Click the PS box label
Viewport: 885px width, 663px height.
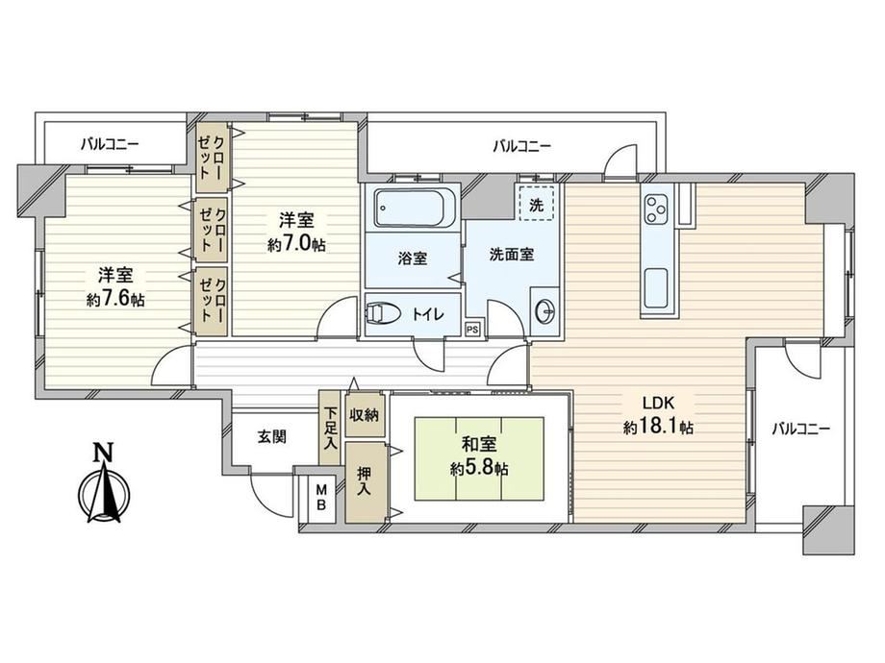click(472, 330)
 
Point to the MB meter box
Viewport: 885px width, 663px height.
click(321, 497)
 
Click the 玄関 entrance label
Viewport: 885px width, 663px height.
click(272, 436)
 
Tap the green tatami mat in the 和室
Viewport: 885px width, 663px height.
click(479, 458)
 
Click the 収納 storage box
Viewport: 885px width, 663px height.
click(364, 415)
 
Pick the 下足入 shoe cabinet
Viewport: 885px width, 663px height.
click(330, 428)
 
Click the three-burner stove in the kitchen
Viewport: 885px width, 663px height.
click(657, 209)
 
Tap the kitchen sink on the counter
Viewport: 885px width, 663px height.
click(655, 287)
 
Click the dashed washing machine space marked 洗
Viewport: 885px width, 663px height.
click(536, 203)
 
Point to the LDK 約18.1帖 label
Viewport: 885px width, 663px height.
click(658, 415)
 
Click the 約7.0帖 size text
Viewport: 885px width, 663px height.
click(296, 245)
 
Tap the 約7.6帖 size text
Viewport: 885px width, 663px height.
click(115, 300)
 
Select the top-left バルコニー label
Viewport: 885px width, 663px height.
click(110, 144)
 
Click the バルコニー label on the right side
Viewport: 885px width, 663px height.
click(801, 430)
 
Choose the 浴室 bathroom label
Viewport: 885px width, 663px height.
click(413, 258)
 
